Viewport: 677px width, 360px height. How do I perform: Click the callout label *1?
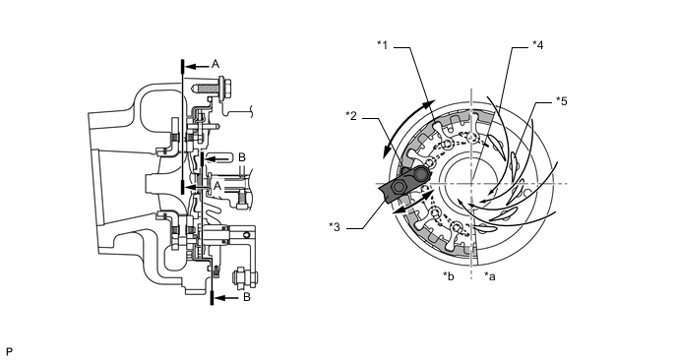point(382,45)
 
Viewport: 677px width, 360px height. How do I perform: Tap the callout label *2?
point(351,116)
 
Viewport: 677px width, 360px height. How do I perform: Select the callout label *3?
point(335,227)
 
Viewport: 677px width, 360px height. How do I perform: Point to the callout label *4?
point(537,45)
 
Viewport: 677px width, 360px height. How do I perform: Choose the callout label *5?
point(562,101)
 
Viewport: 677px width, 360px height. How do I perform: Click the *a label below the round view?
point(490,276)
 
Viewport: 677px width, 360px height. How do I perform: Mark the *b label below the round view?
point(448,276)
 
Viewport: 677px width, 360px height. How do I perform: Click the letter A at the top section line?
point(215,64)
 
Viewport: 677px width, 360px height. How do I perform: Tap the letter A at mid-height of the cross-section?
point(217,186)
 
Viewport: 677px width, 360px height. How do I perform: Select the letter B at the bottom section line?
point(247,297)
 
